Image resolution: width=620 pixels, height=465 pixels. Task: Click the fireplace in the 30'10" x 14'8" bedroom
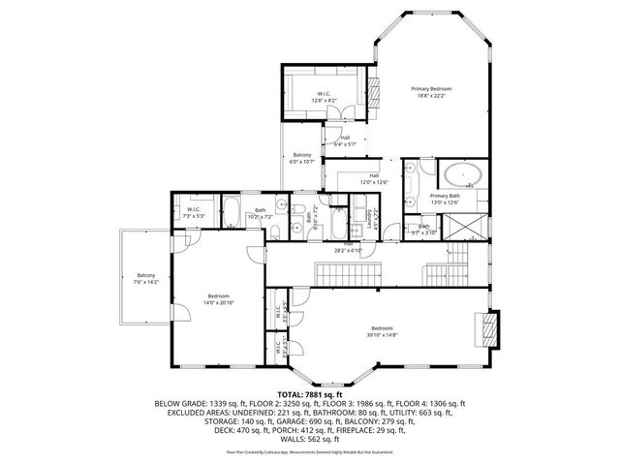[x=494, y=327]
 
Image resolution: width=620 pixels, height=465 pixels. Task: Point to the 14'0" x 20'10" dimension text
[x=220, y=303]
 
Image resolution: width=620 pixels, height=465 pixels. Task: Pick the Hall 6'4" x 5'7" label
[x=346, y=140]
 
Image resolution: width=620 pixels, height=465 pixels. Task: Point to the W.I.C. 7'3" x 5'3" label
[x=192, y=212]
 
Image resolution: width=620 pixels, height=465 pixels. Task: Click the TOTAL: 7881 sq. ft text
[x=310, y=395]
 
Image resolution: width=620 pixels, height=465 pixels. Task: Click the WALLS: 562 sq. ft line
[x=310, y=438]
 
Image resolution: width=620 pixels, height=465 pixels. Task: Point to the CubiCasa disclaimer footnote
[x=310, y=451]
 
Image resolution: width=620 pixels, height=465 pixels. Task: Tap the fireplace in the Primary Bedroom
[x=370, y=88]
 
